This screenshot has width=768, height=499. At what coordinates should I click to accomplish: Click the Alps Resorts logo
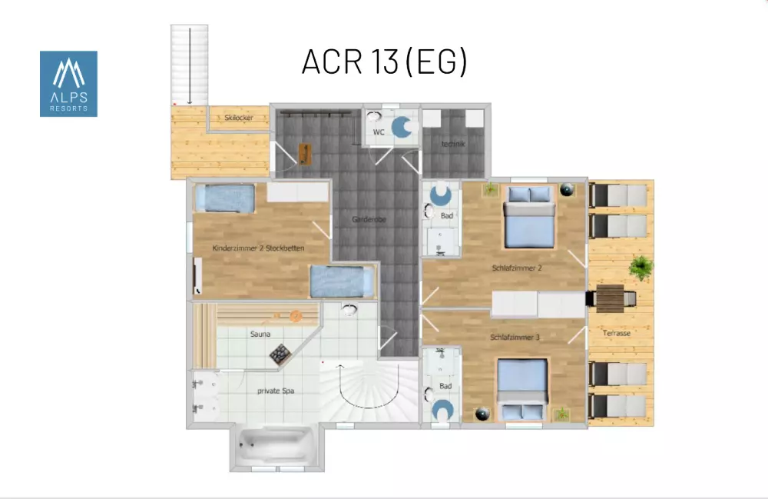click(68, 84)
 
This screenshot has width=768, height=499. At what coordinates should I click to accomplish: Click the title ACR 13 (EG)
click(385, 62)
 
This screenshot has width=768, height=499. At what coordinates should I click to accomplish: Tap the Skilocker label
click(239, 118)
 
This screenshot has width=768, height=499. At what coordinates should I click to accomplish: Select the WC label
click(379, 131)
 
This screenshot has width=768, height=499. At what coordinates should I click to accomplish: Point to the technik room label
click(453, 144)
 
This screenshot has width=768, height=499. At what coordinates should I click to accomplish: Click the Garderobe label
click(369, 219)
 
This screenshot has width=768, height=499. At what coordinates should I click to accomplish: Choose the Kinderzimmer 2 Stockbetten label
click(258, 248)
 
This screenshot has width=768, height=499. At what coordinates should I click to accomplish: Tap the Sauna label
click(260, 334)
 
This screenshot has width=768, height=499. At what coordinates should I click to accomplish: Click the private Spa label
click(276, 391)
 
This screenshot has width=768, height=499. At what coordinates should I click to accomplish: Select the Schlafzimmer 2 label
click(517, 268)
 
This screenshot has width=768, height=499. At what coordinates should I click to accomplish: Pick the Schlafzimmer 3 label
click(515, 338)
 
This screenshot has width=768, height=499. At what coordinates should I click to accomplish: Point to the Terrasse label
click(616, 333)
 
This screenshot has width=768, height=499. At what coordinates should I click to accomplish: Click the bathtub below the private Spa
click(276, 447)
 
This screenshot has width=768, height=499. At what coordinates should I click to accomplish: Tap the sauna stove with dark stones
click(280, 354)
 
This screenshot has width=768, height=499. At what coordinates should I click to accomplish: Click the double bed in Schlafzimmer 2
click(529, 216)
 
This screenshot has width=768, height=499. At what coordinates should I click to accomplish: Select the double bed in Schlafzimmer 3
click(522, 389)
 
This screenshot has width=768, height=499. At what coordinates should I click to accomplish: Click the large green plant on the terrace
click(641, 268)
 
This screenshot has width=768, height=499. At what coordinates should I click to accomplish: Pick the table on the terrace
click(611, 298)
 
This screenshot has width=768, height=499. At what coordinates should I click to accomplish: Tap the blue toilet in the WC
click(402, 127)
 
